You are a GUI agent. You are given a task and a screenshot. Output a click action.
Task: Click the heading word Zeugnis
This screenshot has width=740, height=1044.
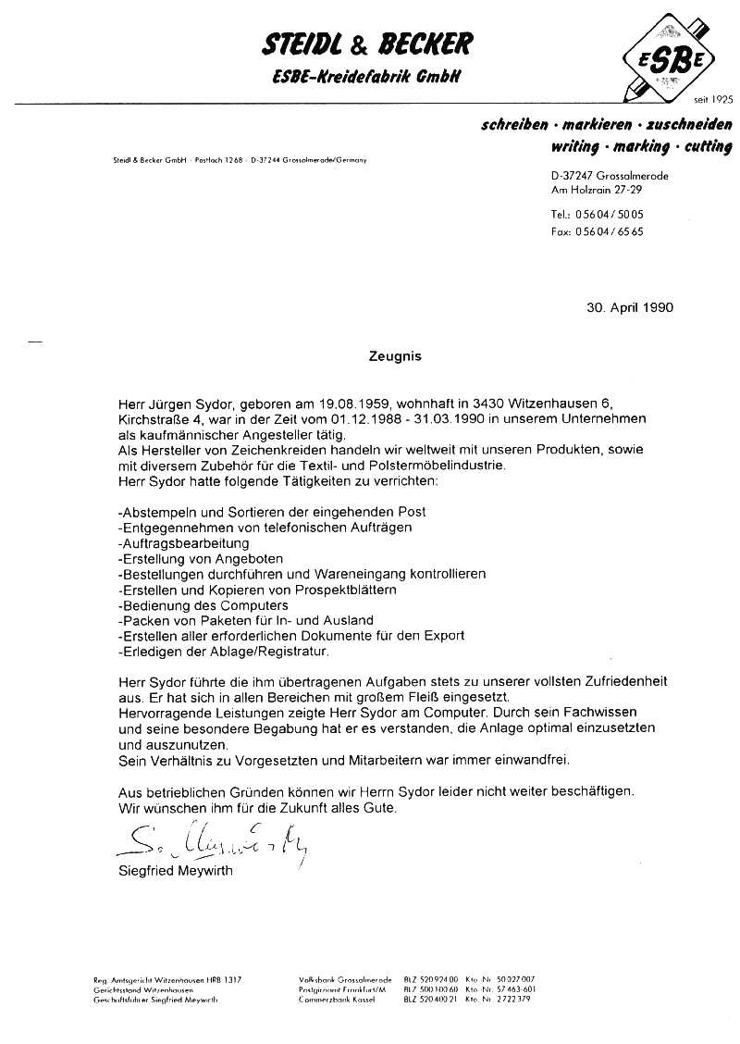pyautogui.click(x=396, y=354)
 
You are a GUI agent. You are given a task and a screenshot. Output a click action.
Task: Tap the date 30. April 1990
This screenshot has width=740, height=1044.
pyautogui.click(x=629, y=307)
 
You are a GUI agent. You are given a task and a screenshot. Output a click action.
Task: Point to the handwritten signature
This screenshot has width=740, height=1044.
pyautogui.click(x=214, y=840)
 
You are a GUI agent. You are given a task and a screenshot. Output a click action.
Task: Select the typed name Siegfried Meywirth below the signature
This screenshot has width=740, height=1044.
pyautogui.click(x=176, y=871)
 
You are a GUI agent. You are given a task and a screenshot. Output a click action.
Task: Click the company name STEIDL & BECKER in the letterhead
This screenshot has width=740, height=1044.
pyautogui.click(x=368, y=43)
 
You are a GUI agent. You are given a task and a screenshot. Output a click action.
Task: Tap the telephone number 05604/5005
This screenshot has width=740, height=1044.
pyautogui.click(x=609, y=214)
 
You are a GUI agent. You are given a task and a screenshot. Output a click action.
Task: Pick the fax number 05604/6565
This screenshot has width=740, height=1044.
pyautogui.click(x=609, y=232)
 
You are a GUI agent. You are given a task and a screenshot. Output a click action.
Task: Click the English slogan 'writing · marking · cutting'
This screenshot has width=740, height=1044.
pyautogui.click(x=640, y=146)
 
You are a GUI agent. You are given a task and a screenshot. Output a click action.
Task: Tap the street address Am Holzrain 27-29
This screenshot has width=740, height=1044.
pyautogui.click(x=596, y=190)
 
